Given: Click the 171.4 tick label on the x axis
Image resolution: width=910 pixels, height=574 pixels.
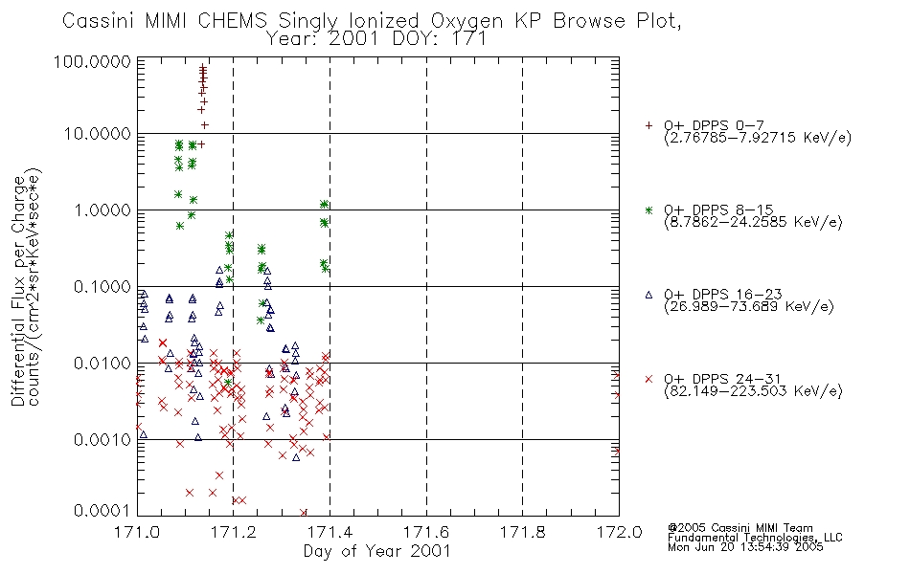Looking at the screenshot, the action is (x=330, y=532).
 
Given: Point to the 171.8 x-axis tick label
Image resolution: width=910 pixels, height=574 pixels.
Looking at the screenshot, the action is (x=522, y=532).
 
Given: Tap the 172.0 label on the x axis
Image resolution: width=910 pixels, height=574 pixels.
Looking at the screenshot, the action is (x=619, y=532).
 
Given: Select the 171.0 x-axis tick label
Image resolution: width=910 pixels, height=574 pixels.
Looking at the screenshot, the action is (x=137, y=532).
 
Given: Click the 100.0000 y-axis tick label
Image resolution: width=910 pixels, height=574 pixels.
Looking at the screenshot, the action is (x=93, y=61).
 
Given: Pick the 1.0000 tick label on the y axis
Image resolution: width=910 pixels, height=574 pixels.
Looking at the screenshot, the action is (x=102, y=210).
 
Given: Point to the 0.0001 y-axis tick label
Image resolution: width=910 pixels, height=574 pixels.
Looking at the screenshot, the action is (x=102, y=510).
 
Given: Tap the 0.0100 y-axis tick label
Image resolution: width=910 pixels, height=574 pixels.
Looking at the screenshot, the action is (x=102, y=364).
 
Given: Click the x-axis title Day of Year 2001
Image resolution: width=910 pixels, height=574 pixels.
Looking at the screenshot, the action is (x=377, y=551).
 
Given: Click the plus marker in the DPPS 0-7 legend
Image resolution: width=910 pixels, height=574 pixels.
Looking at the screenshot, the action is (x=648, y=125).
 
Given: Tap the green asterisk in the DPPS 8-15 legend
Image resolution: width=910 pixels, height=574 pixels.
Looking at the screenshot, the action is (x=648, y=210).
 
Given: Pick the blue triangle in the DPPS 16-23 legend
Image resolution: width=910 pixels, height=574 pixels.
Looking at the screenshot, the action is (x=648, y=295).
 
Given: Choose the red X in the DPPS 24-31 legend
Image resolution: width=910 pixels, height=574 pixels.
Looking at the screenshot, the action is (x=648, y=379).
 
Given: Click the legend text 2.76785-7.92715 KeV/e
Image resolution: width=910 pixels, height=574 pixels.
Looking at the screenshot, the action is (x=758, y=138).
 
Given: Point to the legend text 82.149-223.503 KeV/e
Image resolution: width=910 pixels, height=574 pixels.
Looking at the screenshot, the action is (x=753, y=391).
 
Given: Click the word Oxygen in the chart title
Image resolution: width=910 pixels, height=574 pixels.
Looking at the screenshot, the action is (x=467, y=21).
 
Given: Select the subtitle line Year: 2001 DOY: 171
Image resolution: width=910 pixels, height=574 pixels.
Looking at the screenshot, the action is (x=376, y=39).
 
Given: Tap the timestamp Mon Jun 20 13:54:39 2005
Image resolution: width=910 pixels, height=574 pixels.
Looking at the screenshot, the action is (x=745, y=547).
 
